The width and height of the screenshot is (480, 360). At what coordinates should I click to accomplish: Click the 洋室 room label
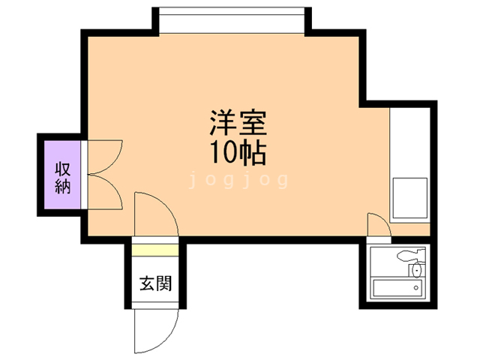(238, 121)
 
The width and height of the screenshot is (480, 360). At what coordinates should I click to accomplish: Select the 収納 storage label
(62, 176)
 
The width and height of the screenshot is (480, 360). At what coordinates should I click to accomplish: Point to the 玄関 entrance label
(155, 284)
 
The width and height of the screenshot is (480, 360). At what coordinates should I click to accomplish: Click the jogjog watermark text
(239, 180)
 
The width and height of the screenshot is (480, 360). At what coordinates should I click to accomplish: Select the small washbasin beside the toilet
(416, 269)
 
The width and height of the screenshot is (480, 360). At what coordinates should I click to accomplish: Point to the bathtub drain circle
(416, 286)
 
